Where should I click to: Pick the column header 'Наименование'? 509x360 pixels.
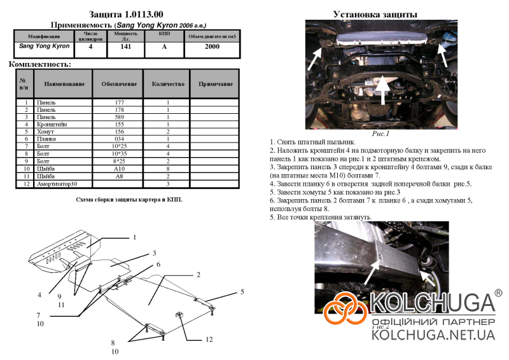click(x=64, y=83)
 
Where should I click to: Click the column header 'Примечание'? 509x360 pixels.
click(x=214, y=83)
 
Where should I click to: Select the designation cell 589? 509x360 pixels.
click(x=119, y=118)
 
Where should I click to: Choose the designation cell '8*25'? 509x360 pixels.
click(x=119, y=162)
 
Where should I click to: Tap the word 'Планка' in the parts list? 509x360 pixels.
click(x=46, y=139)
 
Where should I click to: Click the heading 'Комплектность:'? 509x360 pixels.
click(x=39, y=64)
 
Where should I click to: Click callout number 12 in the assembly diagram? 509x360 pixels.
click(x=209, y=340)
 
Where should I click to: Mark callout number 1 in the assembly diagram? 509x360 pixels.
click(x=134, y=237)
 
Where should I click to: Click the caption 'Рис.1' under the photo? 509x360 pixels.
click(x=380, y=134)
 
